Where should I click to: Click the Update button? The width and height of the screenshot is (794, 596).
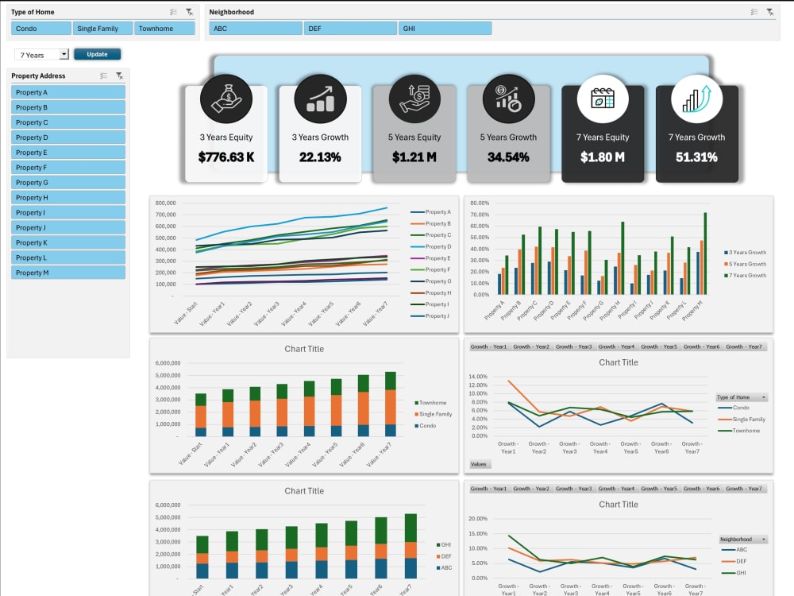pos(97,54)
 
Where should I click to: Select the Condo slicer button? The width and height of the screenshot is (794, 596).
pos(41,29)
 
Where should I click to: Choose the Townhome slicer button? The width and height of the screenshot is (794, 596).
pos(164,29)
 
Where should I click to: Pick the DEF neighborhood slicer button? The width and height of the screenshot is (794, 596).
pos(350,29)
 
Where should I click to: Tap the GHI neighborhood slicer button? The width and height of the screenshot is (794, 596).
pos(445,29)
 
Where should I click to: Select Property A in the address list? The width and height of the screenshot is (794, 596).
pos(68,92)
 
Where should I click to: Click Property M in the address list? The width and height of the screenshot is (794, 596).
pos(68,273)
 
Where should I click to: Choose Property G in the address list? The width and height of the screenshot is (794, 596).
pos(68,183)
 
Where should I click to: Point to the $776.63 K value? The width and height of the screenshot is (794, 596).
pos(226,157)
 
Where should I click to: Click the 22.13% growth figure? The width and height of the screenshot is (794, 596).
pos(320,157)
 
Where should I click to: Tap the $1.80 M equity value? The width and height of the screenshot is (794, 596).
pos(603,157)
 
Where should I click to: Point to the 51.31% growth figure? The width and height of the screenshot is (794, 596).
pos(696,157)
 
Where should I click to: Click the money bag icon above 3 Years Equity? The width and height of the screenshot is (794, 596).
pos(226,99)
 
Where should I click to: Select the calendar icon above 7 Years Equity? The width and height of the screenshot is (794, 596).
pos(603,99)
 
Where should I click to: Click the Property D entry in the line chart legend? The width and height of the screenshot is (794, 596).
pos(437,246)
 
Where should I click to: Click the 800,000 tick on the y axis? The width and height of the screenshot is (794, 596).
pos(165,203)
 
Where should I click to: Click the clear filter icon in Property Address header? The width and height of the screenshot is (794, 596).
pos(118,76)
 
